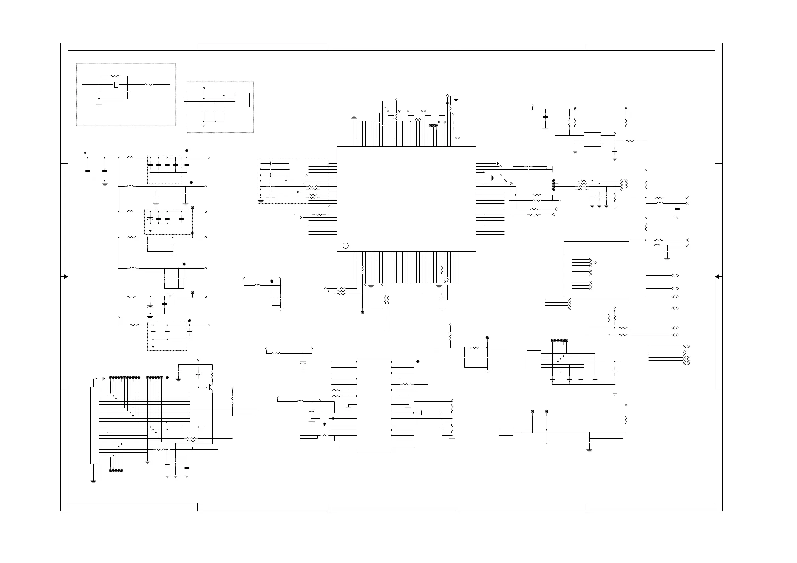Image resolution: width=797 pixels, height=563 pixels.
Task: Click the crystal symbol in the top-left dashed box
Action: (x=116, y=84)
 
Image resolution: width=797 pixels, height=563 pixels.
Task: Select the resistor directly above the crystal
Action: (x=114, y=76)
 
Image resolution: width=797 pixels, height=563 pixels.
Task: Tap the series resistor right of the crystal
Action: (x=149, y=84)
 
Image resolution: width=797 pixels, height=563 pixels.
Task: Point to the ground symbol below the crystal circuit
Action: (x=99, y=105)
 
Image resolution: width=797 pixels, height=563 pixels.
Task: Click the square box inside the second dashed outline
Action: (x=242, y=100)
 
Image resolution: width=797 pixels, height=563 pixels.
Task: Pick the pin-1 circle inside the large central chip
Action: (x=345, y=246)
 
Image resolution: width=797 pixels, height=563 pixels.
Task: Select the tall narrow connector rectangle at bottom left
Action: (x=95, y=425)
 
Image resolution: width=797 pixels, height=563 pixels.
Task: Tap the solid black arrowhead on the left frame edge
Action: (x=66, y=277)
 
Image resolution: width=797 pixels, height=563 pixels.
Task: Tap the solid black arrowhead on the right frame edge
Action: (x=717, y=277)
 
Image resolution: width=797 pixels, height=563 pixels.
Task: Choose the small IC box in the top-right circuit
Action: (x=592, y=139)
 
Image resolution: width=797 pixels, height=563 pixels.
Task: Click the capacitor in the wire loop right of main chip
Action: (x=528, y=168)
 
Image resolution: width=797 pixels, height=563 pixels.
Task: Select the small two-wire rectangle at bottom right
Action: (x=506, y=431)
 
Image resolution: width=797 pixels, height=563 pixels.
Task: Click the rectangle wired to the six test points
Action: (x=534, y=360)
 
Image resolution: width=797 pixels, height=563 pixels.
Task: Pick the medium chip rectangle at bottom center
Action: (x=374, y=405)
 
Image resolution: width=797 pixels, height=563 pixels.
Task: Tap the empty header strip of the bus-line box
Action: (x=596, y=248)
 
